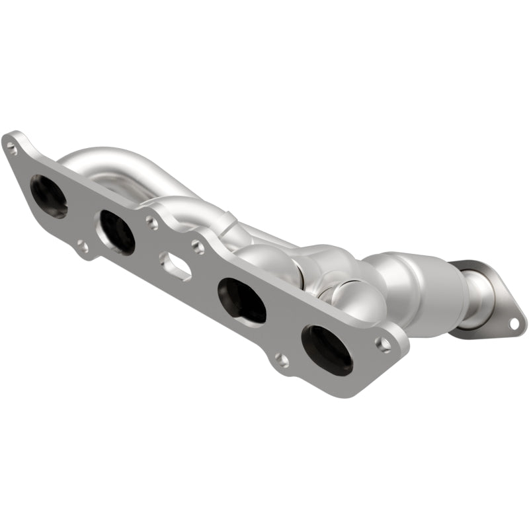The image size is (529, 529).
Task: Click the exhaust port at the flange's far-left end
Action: [48, 196]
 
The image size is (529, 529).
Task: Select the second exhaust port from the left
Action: [116, 231]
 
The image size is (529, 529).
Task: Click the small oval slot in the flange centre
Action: [175, 266]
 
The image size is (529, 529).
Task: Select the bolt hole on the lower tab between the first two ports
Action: [82, 247]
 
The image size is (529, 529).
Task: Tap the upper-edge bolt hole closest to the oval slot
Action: [197, 247]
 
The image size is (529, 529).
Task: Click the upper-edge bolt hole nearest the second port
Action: [153, 223]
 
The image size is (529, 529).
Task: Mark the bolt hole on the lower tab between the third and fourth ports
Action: [282, 360]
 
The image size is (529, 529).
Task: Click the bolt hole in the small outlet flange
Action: [513, 323]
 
